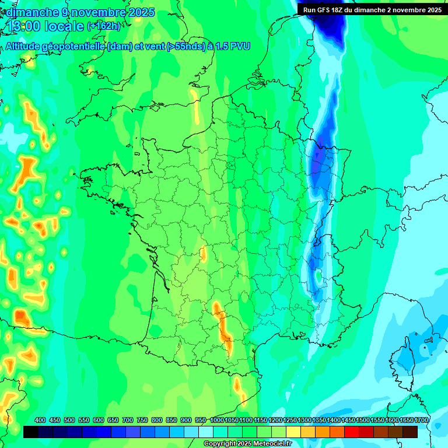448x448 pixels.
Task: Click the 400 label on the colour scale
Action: pos(40,420)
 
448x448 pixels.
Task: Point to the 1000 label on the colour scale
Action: pos(217,420)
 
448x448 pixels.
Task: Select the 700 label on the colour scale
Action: pos(128,420)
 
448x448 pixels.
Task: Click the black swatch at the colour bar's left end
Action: pos(32,432)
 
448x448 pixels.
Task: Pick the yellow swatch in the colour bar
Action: pos(294,432)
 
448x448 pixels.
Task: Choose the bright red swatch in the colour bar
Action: pos(352,432)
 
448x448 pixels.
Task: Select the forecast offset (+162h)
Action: pos(104,26)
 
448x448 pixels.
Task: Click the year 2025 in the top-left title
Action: pos(138,12)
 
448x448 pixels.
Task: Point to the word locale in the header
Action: pos(64,26)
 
